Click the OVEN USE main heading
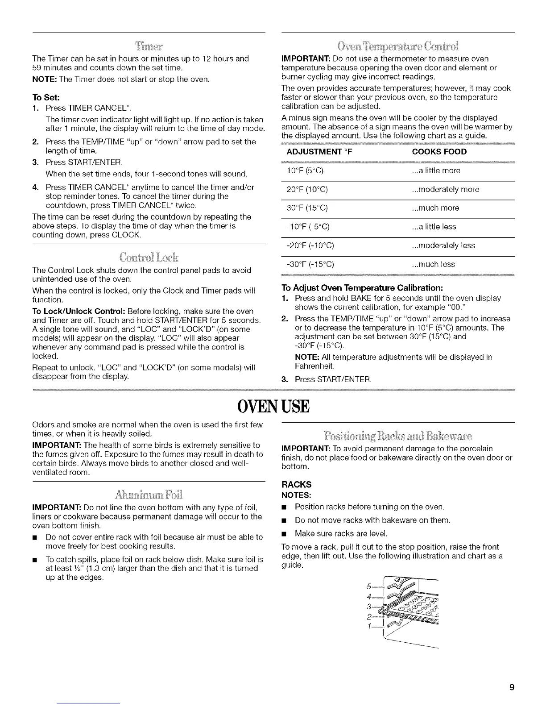coord(273,406)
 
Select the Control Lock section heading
coord(149,258)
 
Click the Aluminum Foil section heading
coord(149,495)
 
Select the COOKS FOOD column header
coord(439,152)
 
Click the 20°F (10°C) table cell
coord(307,190)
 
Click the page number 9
coord(512,687)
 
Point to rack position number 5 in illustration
coord(368,586)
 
